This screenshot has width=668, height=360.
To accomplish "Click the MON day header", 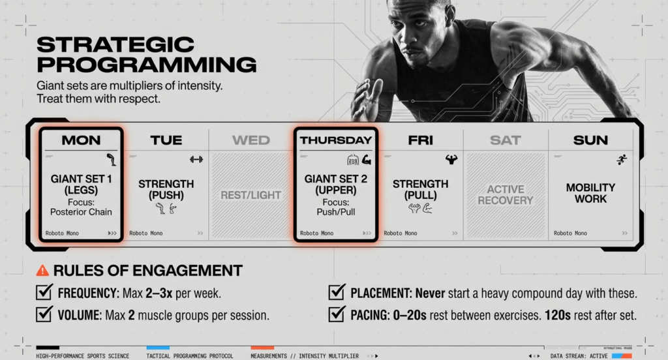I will pyautogui.click(x=81, y=140).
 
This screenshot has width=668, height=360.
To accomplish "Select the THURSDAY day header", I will pyautogui.click(x=335, y=140).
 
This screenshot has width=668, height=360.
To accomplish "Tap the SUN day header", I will pyautogui.click(x=590, y=140).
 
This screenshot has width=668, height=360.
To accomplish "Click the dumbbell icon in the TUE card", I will pyautogui.click(x=196, y=159).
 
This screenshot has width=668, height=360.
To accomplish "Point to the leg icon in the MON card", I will pyautogui.click(x=112, y=160).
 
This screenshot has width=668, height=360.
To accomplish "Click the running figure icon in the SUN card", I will pyautogui.click(x=622, y=160).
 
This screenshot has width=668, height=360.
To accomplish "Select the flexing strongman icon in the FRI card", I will pyautogui.click(x=451, y=159).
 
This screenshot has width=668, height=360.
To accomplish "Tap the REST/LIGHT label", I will pyautogui.click(x=251, y=195).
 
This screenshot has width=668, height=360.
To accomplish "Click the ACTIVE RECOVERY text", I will pyautogui.click(x=506, y=195).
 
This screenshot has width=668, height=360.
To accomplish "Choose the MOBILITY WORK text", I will pyautogui.click(x=590, y=193).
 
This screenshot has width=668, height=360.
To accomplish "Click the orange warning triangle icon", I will pyautogui.click(x=42, y=271).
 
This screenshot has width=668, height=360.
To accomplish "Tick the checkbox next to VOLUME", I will pyautogui.click(x=44, y=315).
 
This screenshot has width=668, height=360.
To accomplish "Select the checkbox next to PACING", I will pyautogui.click(x=337, y=315).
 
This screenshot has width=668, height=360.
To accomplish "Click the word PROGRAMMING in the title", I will pyautogui.click(x=146, y=65).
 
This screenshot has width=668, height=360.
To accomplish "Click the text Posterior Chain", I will pyautogui.click(x=81, y=211).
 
